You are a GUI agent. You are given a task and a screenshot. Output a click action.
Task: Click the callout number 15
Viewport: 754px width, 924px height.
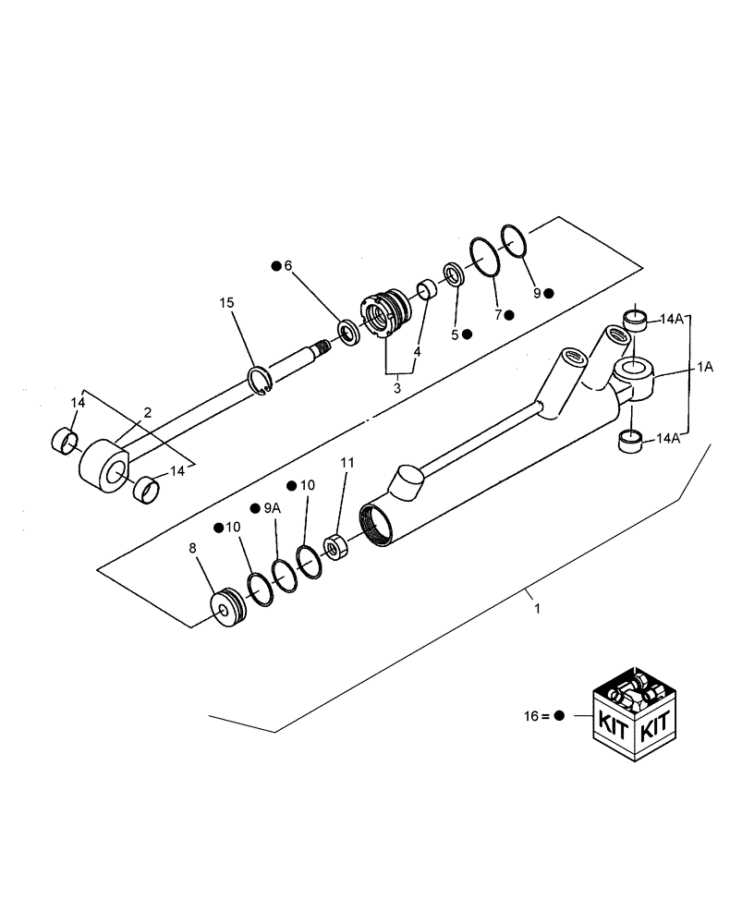click(x=227, y=303)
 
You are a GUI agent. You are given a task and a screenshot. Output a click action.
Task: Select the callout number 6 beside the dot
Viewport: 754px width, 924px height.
click(x=288, y=265)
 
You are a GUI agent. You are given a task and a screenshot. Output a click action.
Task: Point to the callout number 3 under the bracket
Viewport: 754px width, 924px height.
click(x=397, y=388)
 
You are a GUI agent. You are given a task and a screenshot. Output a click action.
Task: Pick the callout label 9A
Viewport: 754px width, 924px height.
click(x=271, y=507)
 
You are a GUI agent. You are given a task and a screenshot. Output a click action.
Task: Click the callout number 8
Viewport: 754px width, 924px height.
click(x=192, y=548)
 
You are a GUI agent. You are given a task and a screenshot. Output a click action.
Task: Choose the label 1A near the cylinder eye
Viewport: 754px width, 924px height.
click(x=704, y=367)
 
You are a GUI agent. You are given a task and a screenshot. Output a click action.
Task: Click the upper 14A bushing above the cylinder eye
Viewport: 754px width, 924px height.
click(x=635, y=320)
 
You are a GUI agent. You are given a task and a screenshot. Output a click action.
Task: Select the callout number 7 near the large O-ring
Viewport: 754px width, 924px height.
click(x=497, y=314)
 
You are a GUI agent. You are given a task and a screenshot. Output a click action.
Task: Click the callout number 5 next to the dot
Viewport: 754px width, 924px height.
click(x=455, y=334)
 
